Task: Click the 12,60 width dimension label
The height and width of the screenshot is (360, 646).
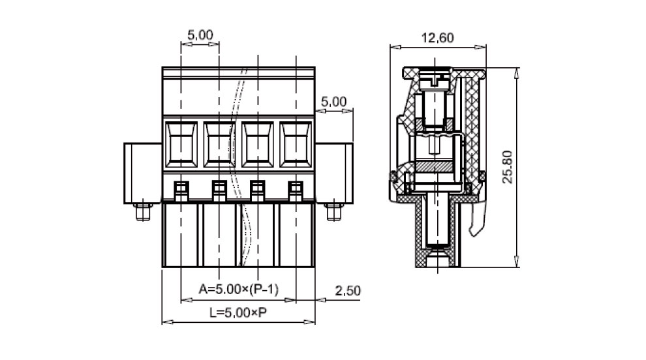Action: tap(437, 38)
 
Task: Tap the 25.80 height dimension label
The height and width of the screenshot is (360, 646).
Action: tap(507, 167)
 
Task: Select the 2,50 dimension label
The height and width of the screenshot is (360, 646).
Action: tap(348, 291)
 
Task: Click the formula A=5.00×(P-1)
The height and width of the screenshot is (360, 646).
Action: tap(239, 289)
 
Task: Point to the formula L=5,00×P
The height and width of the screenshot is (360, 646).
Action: tap(238, 312)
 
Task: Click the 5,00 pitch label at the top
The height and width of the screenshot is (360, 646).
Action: tap(200, 35)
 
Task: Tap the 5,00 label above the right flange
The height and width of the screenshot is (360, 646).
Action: tap(333, 101)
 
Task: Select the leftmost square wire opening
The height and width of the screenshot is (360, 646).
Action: tap(181, 144)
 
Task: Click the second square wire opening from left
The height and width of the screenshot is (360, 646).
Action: tap(219, 144)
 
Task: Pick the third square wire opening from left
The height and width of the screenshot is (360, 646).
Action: tap(258, 144)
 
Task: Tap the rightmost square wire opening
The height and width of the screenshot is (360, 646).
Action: tap(296, 144)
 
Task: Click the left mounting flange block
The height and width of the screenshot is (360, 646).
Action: tap(143, 173)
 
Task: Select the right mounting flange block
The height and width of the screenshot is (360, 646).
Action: tap(334, 173)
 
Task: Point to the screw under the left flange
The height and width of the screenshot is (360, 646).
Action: tap(143, 212)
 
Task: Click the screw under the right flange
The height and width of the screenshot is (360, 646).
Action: tap(333, 212)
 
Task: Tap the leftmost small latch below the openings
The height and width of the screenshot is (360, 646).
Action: tap(181, 192)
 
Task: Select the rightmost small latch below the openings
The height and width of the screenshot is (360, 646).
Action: tap(296, 192)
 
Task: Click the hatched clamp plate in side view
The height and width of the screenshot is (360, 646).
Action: tap(434, 166)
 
